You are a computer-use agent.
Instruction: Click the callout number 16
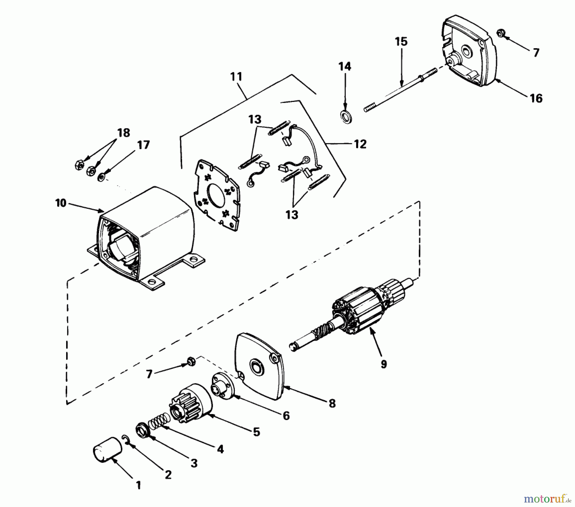[536, 98]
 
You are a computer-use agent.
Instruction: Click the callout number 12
[360, 144]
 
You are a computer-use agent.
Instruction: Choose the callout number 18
[124, 132]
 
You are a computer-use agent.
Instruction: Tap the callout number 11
[236, 77]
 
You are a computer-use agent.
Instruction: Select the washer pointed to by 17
[101, 176]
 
